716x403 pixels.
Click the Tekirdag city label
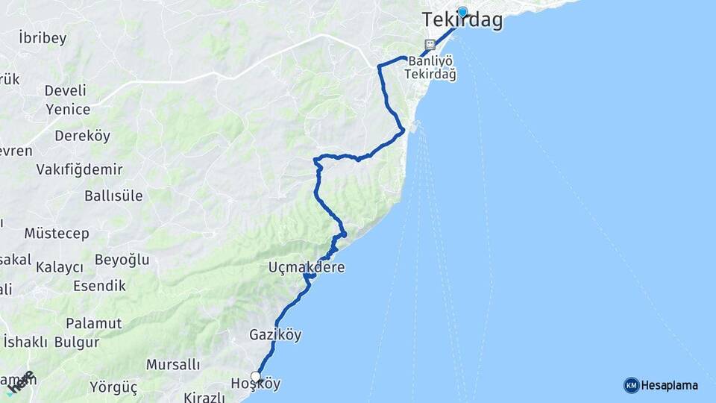coord(462,21)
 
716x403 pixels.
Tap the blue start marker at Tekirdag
coord(462,12)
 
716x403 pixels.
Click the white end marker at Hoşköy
coord(256,376)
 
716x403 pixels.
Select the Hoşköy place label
coord(256,384)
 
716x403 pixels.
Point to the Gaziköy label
coord(276,335)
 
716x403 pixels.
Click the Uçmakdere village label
coord(307,266)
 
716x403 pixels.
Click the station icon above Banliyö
coord(430,44)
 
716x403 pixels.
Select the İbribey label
coord(43,38)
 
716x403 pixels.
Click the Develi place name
coord(66,90)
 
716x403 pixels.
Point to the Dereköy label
coord(82,136)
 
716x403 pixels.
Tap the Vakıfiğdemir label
coord(79,169)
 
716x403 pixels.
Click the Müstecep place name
coord(57,233)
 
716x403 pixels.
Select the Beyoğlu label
coord(122,260)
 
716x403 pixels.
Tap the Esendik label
coord(99,285)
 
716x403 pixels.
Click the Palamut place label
coord(93,323)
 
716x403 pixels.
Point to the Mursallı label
coord(173,365)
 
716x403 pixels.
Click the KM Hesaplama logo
coord(661,385)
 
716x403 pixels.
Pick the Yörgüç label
coord(113,387)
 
